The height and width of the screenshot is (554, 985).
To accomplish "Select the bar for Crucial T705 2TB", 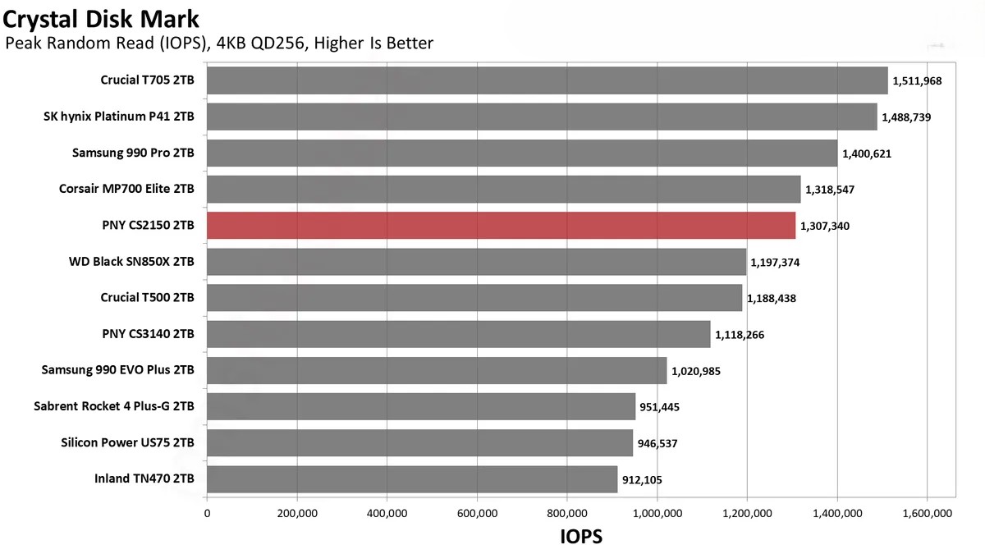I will (547, 80).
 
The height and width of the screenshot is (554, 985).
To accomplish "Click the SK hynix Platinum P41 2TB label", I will (119, 117).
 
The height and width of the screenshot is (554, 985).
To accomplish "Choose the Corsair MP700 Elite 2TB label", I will (126, 189).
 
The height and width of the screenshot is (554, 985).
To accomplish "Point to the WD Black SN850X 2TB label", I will (131, 262).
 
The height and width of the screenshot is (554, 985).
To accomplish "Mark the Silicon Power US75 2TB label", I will (127, 443).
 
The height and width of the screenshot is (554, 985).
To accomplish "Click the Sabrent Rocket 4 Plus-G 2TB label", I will (114, 406).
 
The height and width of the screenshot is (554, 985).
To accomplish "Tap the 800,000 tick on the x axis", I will (566, 514).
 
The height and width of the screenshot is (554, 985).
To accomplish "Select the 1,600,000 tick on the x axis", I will (926, 514).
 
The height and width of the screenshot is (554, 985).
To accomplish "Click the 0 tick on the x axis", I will (207, 514).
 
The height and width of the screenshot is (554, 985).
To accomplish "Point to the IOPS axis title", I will (581, 538).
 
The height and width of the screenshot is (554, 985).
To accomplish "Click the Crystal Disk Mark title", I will (101, 16).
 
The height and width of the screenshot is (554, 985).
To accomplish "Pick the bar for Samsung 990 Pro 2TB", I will (522, 153).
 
